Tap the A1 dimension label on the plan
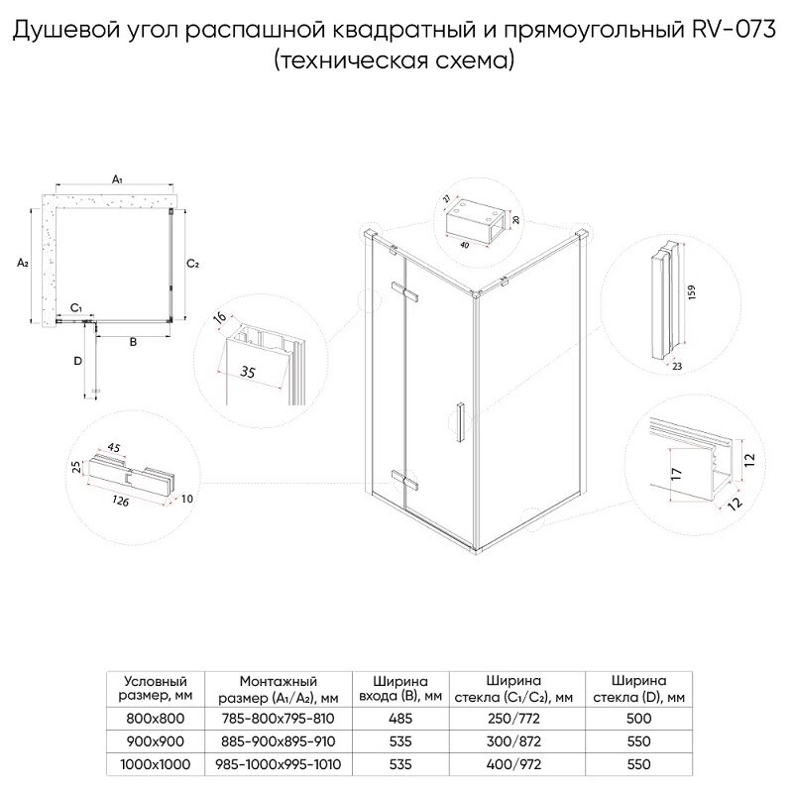[117, 179]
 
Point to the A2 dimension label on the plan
[22, 263]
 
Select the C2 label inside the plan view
[194, 263]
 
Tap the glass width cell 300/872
[512, 741]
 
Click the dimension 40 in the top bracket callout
[465, 244]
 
